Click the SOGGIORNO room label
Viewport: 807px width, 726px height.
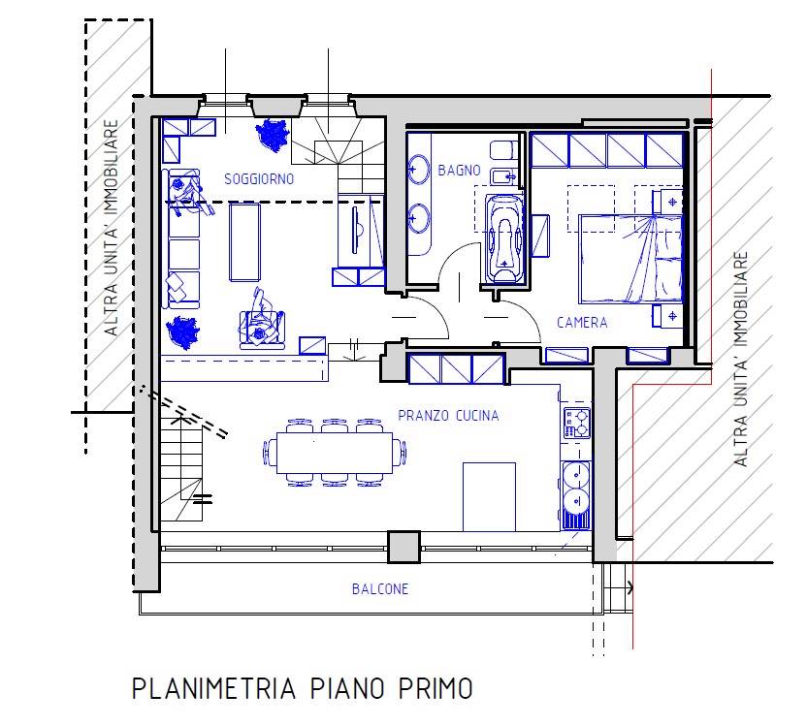point(258,179)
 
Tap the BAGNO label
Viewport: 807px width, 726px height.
point(459,171)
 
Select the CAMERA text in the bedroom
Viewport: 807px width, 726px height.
point(582,322)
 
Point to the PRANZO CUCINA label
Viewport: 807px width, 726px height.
point(448,416)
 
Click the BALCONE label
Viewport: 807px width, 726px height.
point(380,589)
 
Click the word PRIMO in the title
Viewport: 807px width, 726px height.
point(436,689)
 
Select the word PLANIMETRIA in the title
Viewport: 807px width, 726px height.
point(212,689)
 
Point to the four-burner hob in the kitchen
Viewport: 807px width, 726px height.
point(576,424)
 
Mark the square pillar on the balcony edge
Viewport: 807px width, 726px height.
point(403,547)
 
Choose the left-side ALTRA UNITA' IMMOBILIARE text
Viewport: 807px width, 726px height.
point(113,228)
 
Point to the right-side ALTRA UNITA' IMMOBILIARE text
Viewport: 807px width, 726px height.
point(741,361)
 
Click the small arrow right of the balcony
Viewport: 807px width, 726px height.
point(630,587)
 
